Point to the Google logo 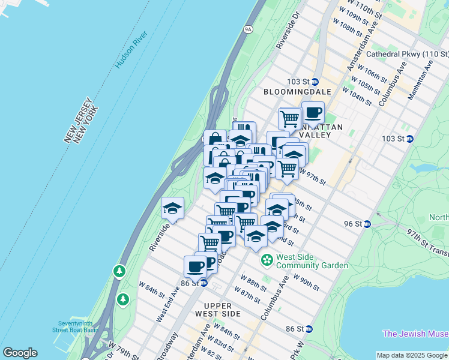20,353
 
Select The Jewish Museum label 415,334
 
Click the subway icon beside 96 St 368,224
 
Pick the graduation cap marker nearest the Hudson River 172,208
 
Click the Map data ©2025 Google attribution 412,355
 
